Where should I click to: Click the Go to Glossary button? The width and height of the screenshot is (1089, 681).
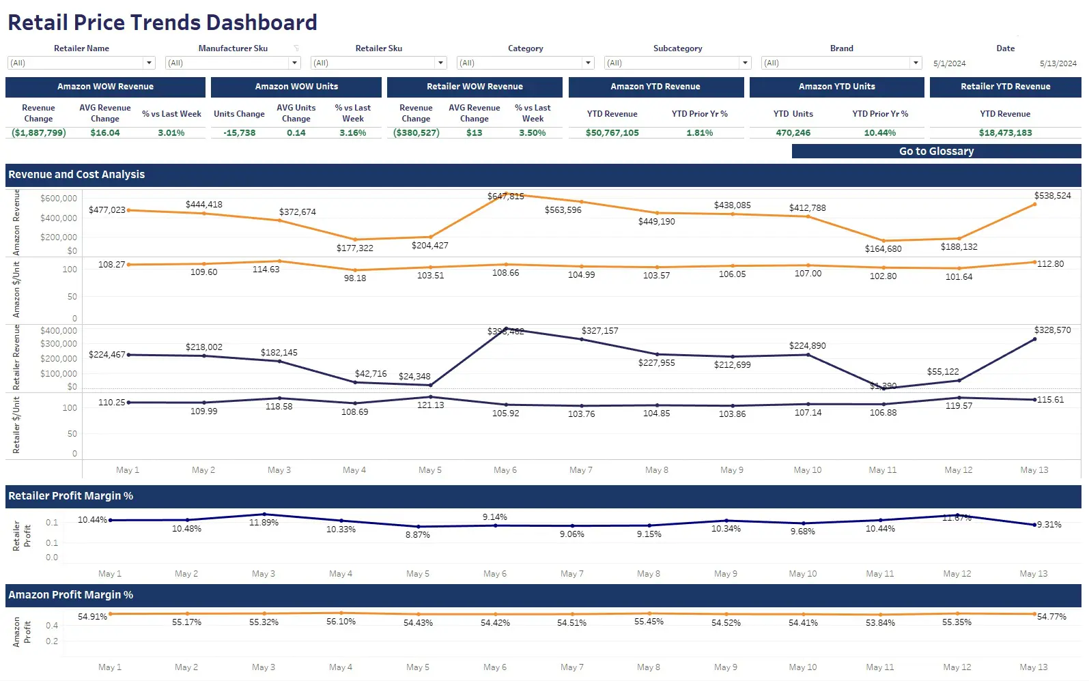936,151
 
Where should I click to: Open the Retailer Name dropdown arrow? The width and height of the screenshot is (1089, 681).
149,63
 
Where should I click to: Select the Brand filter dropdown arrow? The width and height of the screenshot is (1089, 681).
916,63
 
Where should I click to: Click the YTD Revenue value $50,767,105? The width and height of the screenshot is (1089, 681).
612,133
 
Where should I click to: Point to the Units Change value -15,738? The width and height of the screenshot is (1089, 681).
239,133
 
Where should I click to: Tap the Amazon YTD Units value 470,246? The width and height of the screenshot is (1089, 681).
793,133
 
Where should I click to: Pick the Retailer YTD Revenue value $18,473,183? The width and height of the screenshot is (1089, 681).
1005,133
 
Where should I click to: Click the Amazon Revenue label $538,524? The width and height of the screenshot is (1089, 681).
1052,196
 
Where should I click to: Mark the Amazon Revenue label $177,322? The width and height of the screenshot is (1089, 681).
354,248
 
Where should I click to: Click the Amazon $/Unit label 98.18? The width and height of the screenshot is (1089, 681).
354,278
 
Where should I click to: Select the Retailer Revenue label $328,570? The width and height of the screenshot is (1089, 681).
1052,330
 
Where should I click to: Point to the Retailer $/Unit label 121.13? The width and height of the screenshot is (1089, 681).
430,405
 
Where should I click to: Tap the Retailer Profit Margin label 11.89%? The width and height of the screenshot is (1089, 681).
264,523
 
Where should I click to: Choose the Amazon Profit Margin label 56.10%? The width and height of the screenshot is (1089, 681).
341,622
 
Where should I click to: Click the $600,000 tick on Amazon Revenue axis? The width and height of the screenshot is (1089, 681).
59,199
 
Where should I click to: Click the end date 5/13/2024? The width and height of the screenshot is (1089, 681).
1058,63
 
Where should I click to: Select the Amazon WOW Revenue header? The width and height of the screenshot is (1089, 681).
105,87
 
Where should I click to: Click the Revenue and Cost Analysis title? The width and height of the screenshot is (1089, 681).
76,175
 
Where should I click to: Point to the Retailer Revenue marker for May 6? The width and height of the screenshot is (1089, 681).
506,329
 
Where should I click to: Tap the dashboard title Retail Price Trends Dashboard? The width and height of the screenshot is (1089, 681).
162,23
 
